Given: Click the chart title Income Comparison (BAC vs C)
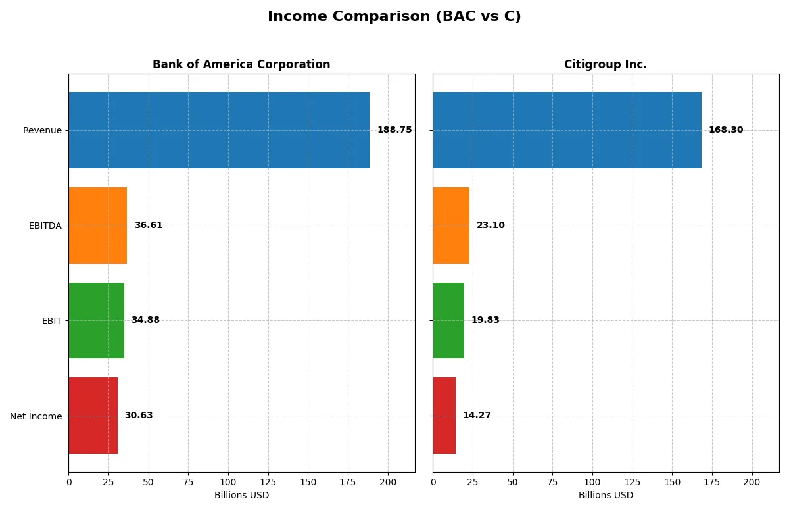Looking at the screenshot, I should (394, 17).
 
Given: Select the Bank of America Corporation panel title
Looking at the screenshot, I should (241, 64).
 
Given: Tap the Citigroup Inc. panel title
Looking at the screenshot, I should (605, 64).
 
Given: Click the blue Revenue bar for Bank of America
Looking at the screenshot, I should (219, 130).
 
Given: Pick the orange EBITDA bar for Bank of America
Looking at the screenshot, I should (98, 226).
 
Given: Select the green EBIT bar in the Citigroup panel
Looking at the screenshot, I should (448, 320).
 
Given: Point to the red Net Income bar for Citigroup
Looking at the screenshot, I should (444, 416).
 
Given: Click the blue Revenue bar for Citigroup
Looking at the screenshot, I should (567, 130).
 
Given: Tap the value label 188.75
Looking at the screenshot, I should (394, 130).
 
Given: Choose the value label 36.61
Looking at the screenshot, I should (149, 226).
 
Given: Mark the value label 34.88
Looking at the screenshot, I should (145, 320).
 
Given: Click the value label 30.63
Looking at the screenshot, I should (139, 416).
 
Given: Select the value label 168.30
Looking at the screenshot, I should (726, 130).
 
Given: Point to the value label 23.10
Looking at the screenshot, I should (490, 226).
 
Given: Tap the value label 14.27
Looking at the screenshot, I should (477, 416).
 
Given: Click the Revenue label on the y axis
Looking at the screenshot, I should (42, 130).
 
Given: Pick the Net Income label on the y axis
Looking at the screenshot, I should (36, 416).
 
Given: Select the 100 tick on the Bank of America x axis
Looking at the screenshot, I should (228, 483).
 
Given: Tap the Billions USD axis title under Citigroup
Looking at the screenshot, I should (606, 496).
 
